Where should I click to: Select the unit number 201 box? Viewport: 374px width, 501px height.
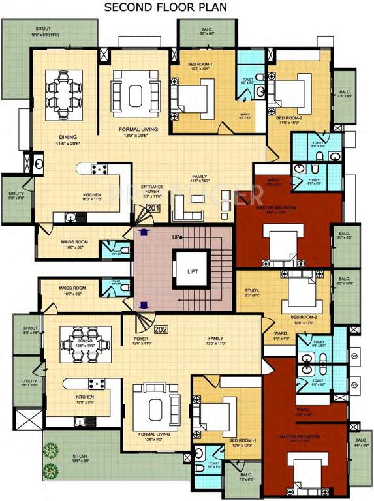pos(153,208)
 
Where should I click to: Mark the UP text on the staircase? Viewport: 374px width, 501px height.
pos(175,237)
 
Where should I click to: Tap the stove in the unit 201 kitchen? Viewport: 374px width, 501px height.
pos(100,170)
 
